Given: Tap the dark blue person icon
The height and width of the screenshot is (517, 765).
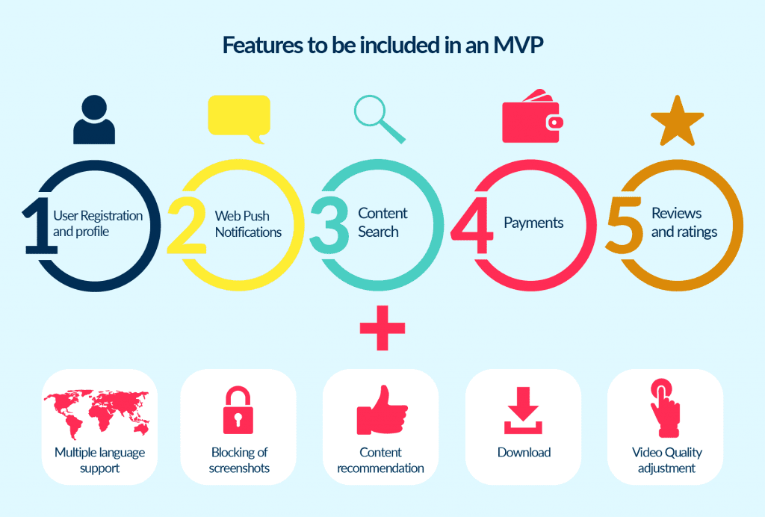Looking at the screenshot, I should tap(94, 121).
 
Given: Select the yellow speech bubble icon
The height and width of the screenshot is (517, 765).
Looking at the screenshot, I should tap(238, 118).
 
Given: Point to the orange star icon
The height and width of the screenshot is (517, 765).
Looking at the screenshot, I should tap(677, 121).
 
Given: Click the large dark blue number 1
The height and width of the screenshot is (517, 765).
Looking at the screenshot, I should tap(36, 223).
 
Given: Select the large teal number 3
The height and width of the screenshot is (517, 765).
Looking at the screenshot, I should tap(329, 223).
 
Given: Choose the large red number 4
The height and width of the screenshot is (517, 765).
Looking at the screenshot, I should tap(476, 223).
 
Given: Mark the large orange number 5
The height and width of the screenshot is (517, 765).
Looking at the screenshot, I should tap(625, 223).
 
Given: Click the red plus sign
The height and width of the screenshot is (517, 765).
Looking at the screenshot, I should tap(382, 328).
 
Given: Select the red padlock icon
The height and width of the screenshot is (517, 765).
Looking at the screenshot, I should tap(239, 409).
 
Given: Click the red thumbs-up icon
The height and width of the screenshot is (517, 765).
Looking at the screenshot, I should tap(381, 410).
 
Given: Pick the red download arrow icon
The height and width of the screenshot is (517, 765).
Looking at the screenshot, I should tap(523, 410).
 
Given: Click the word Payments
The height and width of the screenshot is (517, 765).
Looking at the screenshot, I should tap(533, 223).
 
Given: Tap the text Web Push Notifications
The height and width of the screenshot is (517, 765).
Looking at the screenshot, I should tap(248, 224).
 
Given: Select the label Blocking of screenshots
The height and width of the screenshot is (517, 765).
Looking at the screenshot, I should tap(240, 460).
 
